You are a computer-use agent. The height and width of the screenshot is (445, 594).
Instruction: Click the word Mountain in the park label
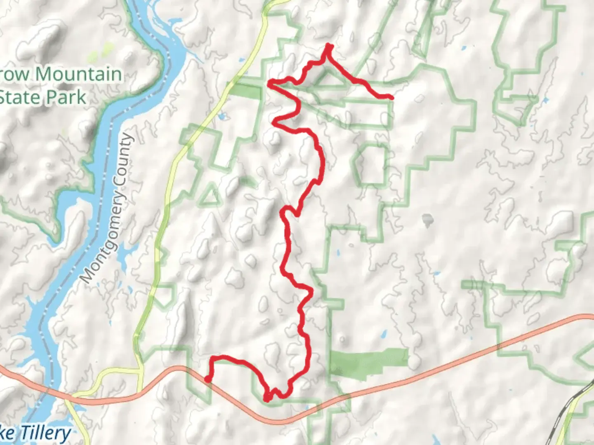[x=78, y=75]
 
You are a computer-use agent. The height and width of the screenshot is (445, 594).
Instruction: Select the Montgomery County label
[x=108, y=208]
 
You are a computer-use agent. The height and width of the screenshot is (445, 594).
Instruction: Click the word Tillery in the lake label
[x=46, y=434]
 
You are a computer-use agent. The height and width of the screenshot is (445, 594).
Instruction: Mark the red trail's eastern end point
[x=391, y=97]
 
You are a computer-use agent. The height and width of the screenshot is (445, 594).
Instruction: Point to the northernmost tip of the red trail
[x=329, y=44]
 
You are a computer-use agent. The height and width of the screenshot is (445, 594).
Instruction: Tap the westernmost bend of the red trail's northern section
[x=270, y=84]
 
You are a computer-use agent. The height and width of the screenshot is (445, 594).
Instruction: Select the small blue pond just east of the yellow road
[x=223, y=117]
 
